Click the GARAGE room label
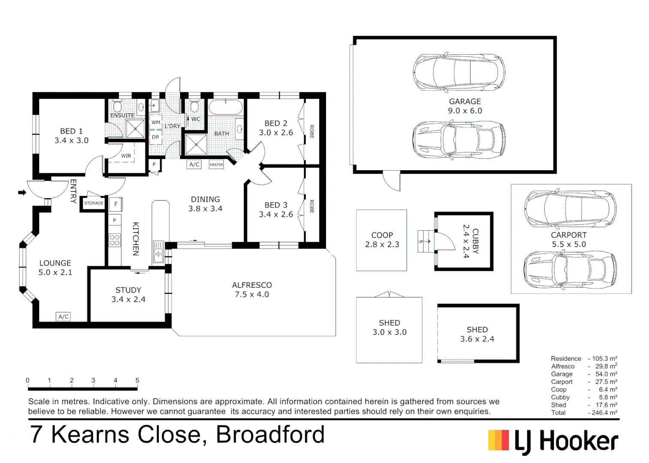coord(465,101)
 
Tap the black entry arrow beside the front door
coord(22,192)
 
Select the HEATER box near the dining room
coord(216,165)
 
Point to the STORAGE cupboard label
coord(94,203)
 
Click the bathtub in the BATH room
coord(226,108)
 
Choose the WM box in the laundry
coord(156,122)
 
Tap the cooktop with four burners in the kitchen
coord(115,241)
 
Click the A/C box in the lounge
coord(63,316)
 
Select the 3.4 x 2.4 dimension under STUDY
coord(128,299)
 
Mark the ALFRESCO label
coord(252,285)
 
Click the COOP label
coord(382,235)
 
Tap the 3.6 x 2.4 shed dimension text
coord(477,339)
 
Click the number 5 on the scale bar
coord(137,380)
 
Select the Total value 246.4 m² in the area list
coord(605,412)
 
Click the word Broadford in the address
coord(270,434)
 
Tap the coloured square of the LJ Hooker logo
coord(498,440)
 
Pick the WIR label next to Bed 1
coord(126,156)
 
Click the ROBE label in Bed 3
coord(312,207)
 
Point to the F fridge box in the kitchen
coord(116,204)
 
